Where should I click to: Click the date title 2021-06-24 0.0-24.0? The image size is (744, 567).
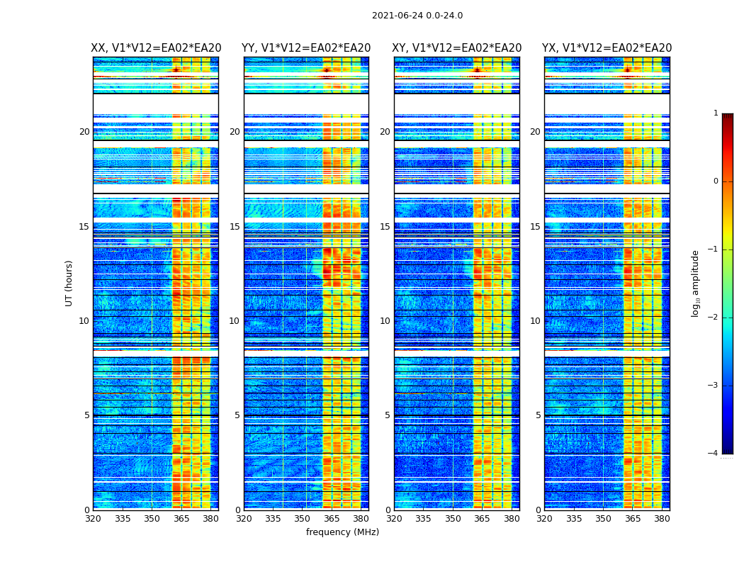click(417, 16)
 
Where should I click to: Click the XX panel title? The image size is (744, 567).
click(156, 48)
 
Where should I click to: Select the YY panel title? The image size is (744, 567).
click(306, 48)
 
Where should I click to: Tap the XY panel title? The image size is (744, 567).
click(457, 48)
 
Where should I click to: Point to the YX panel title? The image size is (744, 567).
click(607, 48)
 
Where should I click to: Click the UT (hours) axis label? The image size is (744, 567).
click(69, 283)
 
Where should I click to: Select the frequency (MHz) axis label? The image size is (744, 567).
click(342, 532)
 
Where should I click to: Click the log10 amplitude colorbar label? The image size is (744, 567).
click(696, 283)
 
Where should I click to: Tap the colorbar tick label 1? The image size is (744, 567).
click(716, 113)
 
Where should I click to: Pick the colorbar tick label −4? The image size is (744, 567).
click(714, 454)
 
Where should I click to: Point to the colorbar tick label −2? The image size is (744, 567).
click(714, 318)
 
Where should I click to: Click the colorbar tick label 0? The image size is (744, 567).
click(716, 181)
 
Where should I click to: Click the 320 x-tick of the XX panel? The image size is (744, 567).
click(93, 520)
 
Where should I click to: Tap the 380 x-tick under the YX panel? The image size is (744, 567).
click(662, 520)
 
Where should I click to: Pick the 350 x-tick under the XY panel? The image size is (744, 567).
click(453, 520)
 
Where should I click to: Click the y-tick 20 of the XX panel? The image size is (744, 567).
click(84, 132)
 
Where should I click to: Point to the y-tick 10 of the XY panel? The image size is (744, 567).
click(385, 321)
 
